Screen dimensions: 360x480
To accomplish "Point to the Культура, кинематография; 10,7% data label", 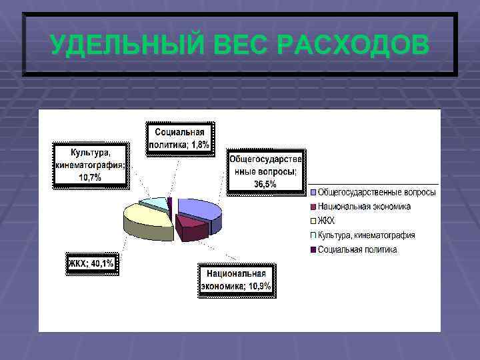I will click(90, 164).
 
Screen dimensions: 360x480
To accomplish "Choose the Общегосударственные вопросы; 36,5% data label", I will click(266, 171).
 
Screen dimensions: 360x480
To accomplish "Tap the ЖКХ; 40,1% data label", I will click(92, 264).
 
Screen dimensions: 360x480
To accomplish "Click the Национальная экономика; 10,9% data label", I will click(237, 280).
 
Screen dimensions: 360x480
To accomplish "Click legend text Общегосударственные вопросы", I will click(377, 193).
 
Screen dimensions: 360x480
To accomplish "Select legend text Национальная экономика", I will click(364, 207).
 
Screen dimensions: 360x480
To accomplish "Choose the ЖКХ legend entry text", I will click(327, 221).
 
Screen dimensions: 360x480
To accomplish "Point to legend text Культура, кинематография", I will click(366, 235).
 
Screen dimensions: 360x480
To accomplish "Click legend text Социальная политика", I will click(357, 249).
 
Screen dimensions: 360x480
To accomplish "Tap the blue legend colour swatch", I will click(312, 193).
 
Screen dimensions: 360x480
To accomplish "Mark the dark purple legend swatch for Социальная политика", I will click(312, 249).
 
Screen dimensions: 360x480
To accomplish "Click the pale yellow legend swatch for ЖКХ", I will click(312, 221).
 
